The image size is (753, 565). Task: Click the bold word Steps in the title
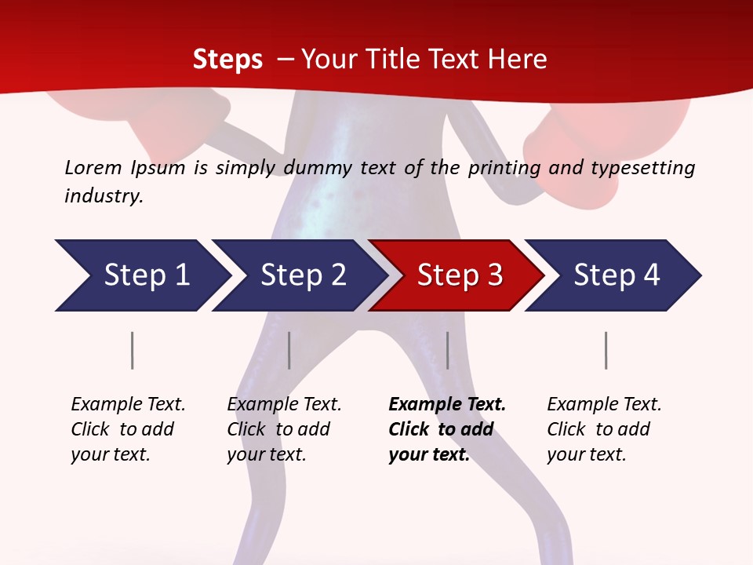pos(227,60)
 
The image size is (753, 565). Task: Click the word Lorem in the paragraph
pos(93,167)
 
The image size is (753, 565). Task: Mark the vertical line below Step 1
pos(133,350)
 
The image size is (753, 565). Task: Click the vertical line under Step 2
pos(289,350)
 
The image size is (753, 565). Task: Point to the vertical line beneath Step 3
pos(448,350)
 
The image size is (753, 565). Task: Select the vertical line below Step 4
pos(606,350)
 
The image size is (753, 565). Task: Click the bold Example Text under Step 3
pos(447,404)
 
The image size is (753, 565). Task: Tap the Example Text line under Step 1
pos(128,404)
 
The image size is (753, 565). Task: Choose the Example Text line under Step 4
pos(604,404)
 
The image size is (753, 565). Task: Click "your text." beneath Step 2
pos(266,454)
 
